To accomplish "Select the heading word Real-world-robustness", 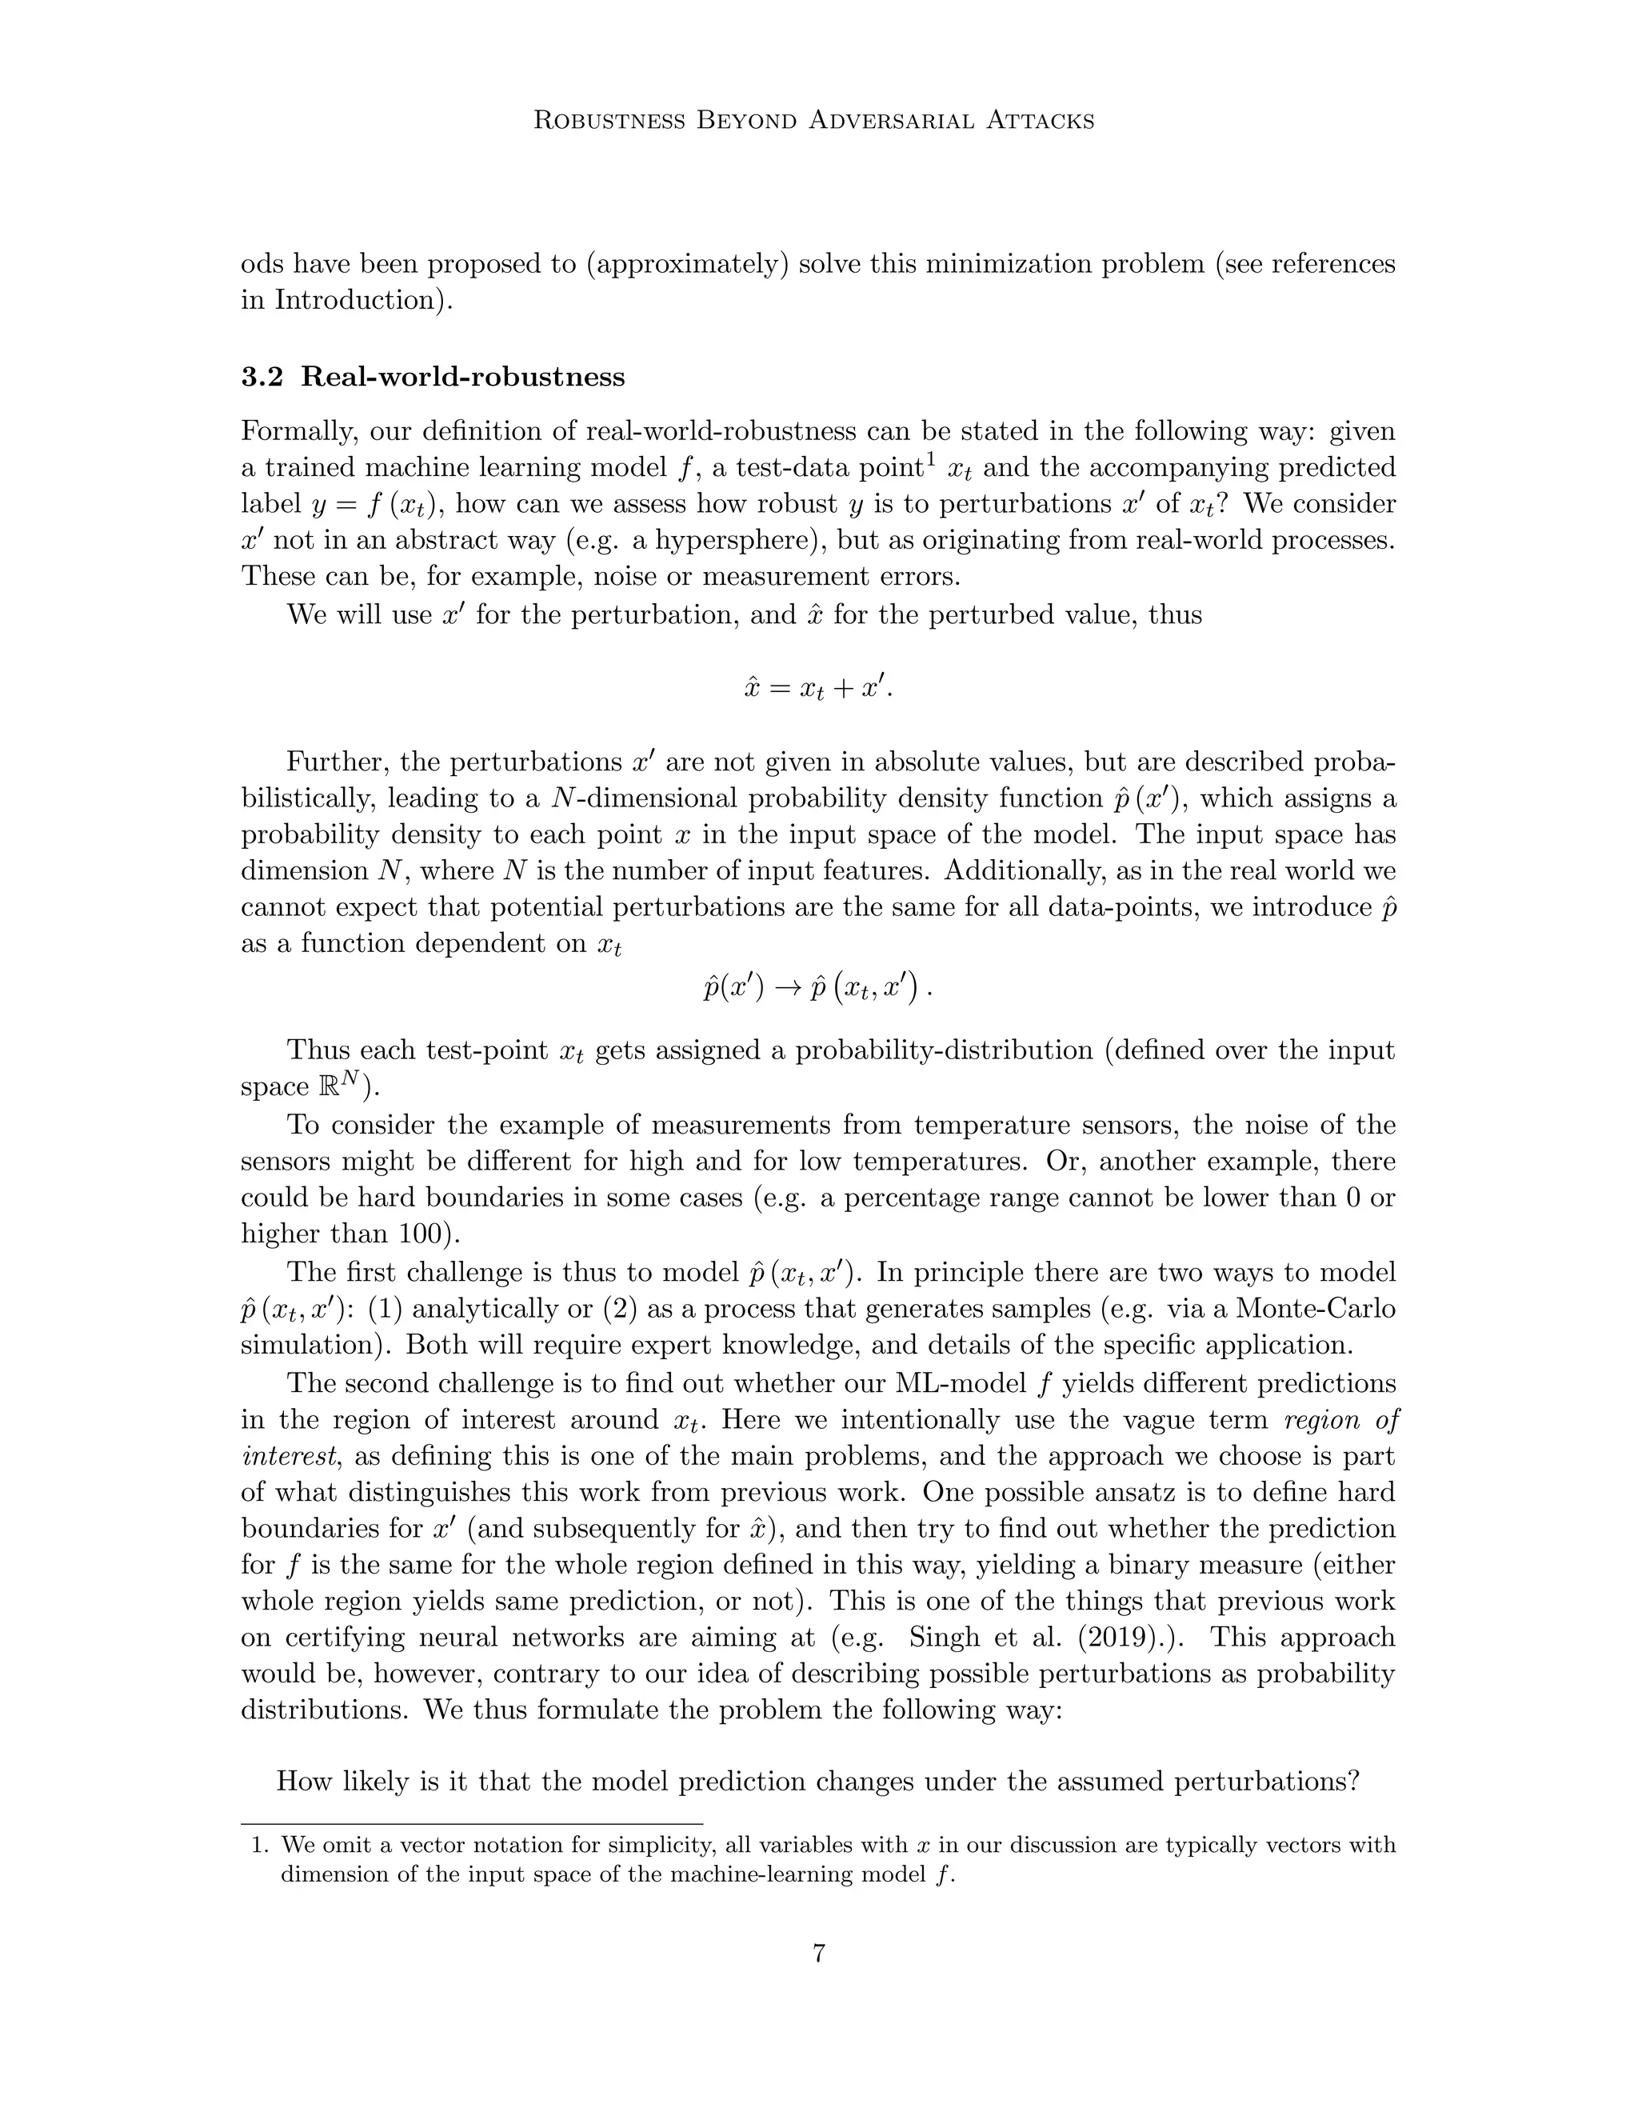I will pos(463,377).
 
